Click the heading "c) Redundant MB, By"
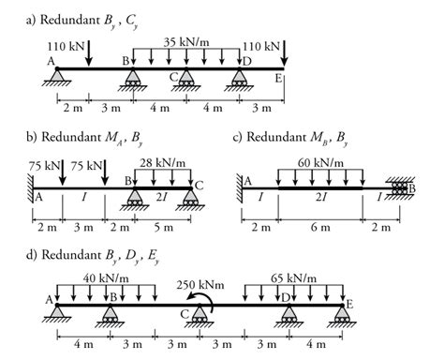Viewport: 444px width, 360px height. (291, 137)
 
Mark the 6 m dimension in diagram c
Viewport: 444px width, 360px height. (321, 226)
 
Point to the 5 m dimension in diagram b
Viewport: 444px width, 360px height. (164, 226)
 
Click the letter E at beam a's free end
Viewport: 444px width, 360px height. (278, 80)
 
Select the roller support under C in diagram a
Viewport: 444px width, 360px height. (186, 79)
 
